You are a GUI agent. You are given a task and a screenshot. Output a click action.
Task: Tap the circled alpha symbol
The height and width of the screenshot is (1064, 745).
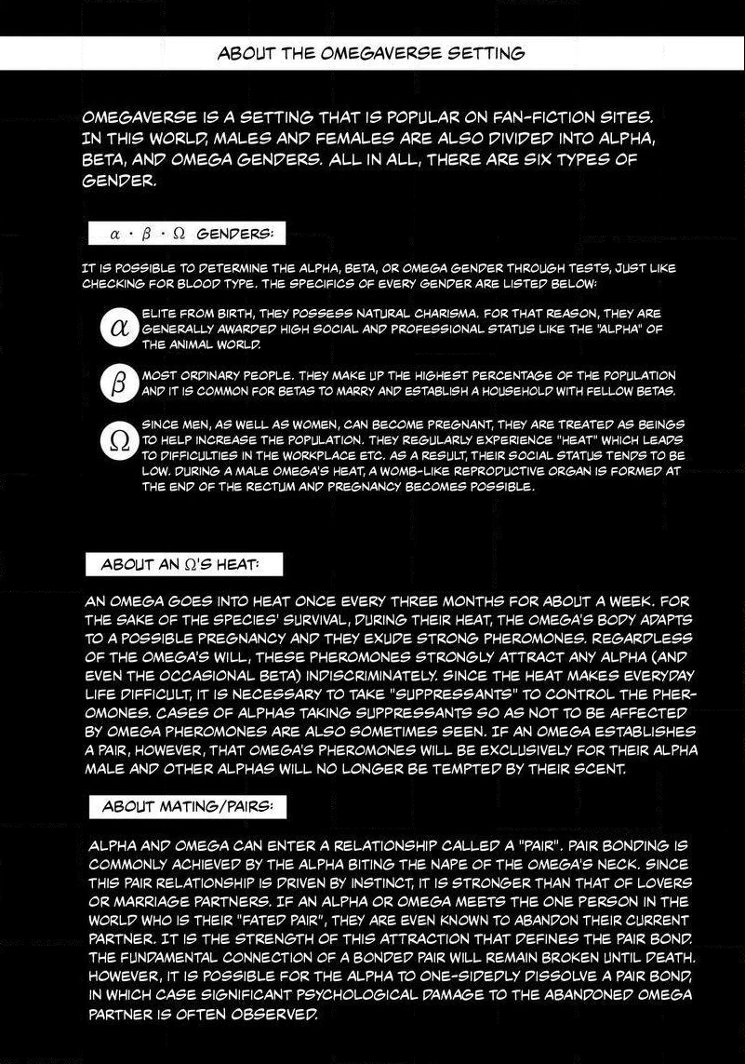click(x=118, y=329)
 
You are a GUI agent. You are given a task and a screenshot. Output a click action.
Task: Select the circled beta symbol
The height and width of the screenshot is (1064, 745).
click(x=118, y=382)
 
